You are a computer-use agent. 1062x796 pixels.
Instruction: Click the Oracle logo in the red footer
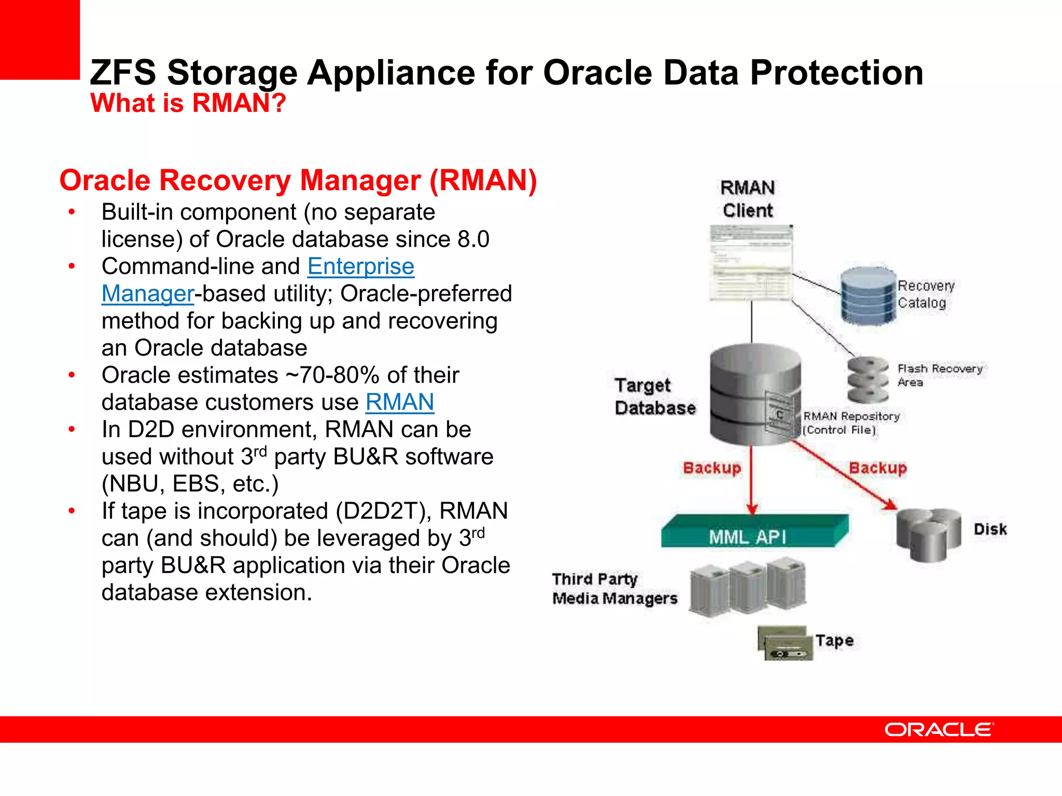[x=939, y=730]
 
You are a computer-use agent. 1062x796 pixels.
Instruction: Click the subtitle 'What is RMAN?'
[x=188, y=103]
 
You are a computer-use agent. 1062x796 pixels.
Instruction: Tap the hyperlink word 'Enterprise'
[x=361, y=266]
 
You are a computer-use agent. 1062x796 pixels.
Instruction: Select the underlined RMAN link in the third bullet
[x=399, y=402]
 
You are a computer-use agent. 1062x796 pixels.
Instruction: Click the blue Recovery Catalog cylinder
[x=868, y=295]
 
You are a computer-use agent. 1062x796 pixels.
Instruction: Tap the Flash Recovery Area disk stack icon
[x=868, y=380]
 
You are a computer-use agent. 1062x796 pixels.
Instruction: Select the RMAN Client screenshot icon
[x=751, y=263]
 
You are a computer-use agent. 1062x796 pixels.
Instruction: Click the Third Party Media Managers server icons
[x=748, y=588]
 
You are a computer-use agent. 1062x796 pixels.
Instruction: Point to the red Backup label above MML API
[x=711, y=468]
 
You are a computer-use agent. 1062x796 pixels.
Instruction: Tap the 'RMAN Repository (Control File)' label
[x=850, y=423]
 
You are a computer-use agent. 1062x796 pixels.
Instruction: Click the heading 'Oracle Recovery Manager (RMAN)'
[x=298, y=180]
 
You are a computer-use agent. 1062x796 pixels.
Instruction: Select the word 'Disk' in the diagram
[x=989, y=529]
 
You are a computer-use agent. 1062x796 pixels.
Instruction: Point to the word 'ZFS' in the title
[x=122, y=73]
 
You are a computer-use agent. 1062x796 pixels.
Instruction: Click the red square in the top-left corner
[x=39, y=39]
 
